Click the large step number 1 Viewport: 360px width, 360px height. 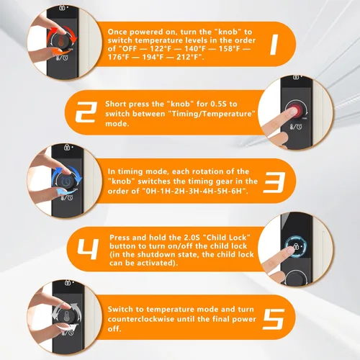coord(274,45)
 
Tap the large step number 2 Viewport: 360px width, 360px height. coord(86,112)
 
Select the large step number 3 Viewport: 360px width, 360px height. coord(275,182)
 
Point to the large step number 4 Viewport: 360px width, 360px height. coord(88,249)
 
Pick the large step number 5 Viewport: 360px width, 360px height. coord(274,319)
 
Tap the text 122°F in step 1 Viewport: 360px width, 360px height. coord(161,49)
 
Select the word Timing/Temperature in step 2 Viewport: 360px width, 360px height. coord(211,114)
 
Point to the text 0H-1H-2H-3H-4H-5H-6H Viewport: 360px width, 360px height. coord(194,191)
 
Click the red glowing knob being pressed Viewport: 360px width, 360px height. coord(297,111)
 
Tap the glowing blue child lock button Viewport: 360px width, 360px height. coord(296,246)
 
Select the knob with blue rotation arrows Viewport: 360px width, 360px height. coord(66,181)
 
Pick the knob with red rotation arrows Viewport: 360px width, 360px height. coord(63,41)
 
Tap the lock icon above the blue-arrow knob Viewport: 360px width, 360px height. coord(67,147)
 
